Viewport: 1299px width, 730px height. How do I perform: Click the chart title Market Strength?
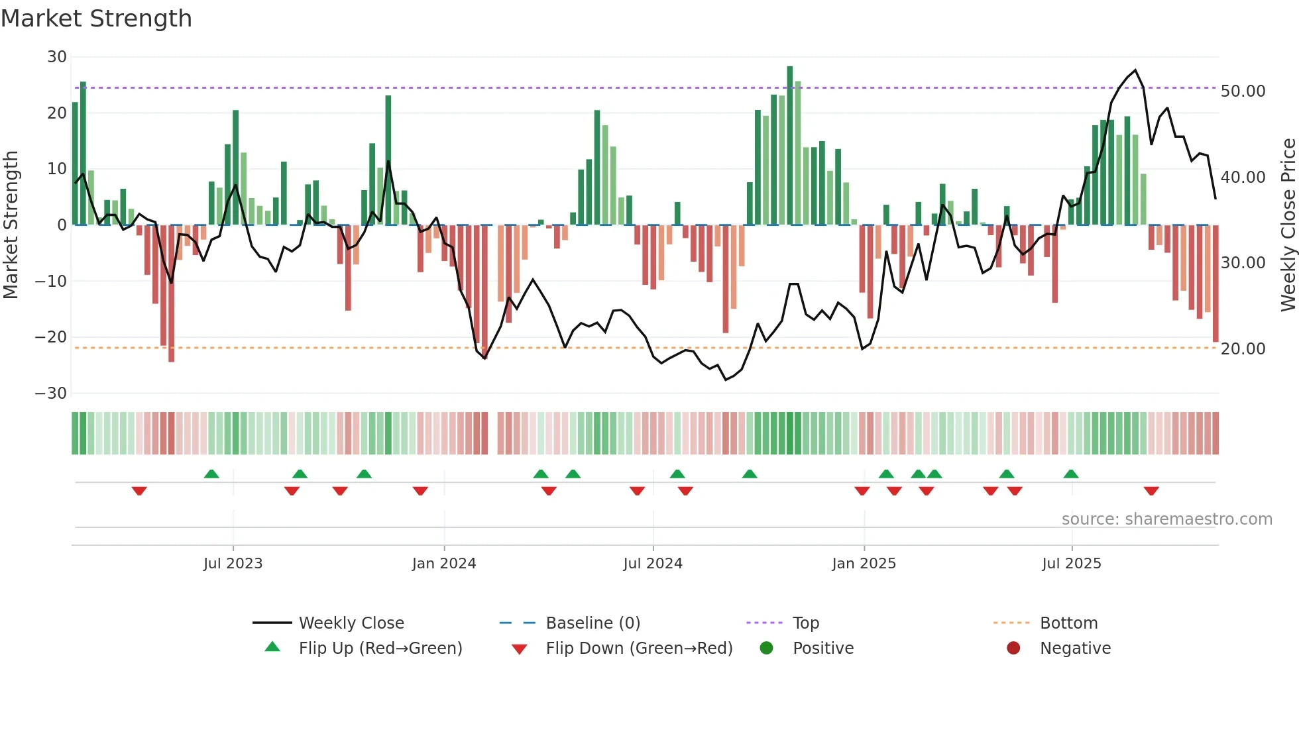(96, 19)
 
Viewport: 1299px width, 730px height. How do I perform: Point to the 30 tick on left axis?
(57, 57)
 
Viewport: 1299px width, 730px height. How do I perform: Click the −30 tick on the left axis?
(51, 393)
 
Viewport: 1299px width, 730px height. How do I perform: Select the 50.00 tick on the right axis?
(1243, 91)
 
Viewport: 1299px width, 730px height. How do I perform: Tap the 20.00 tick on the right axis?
(1243, 348)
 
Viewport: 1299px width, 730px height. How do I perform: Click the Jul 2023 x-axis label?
(233, 564)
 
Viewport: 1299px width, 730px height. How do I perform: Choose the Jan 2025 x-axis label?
(864, 564)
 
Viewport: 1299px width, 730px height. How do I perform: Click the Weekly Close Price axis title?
(1288, 225)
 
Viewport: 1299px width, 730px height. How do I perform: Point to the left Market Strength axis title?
(11, 225)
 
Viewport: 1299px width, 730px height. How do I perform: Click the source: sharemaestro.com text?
(1166, 519)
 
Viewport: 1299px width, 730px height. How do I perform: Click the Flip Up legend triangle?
(272, 647)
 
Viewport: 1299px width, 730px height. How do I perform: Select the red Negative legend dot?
(1013, 648)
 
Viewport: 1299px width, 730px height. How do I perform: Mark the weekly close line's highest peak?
(1135, 70)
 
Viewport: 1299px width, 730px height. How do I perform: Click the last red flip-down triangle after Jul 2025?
(1151, 491)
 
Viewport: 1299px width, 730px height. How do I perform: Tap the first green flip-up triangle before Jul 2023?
(211, 474)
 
